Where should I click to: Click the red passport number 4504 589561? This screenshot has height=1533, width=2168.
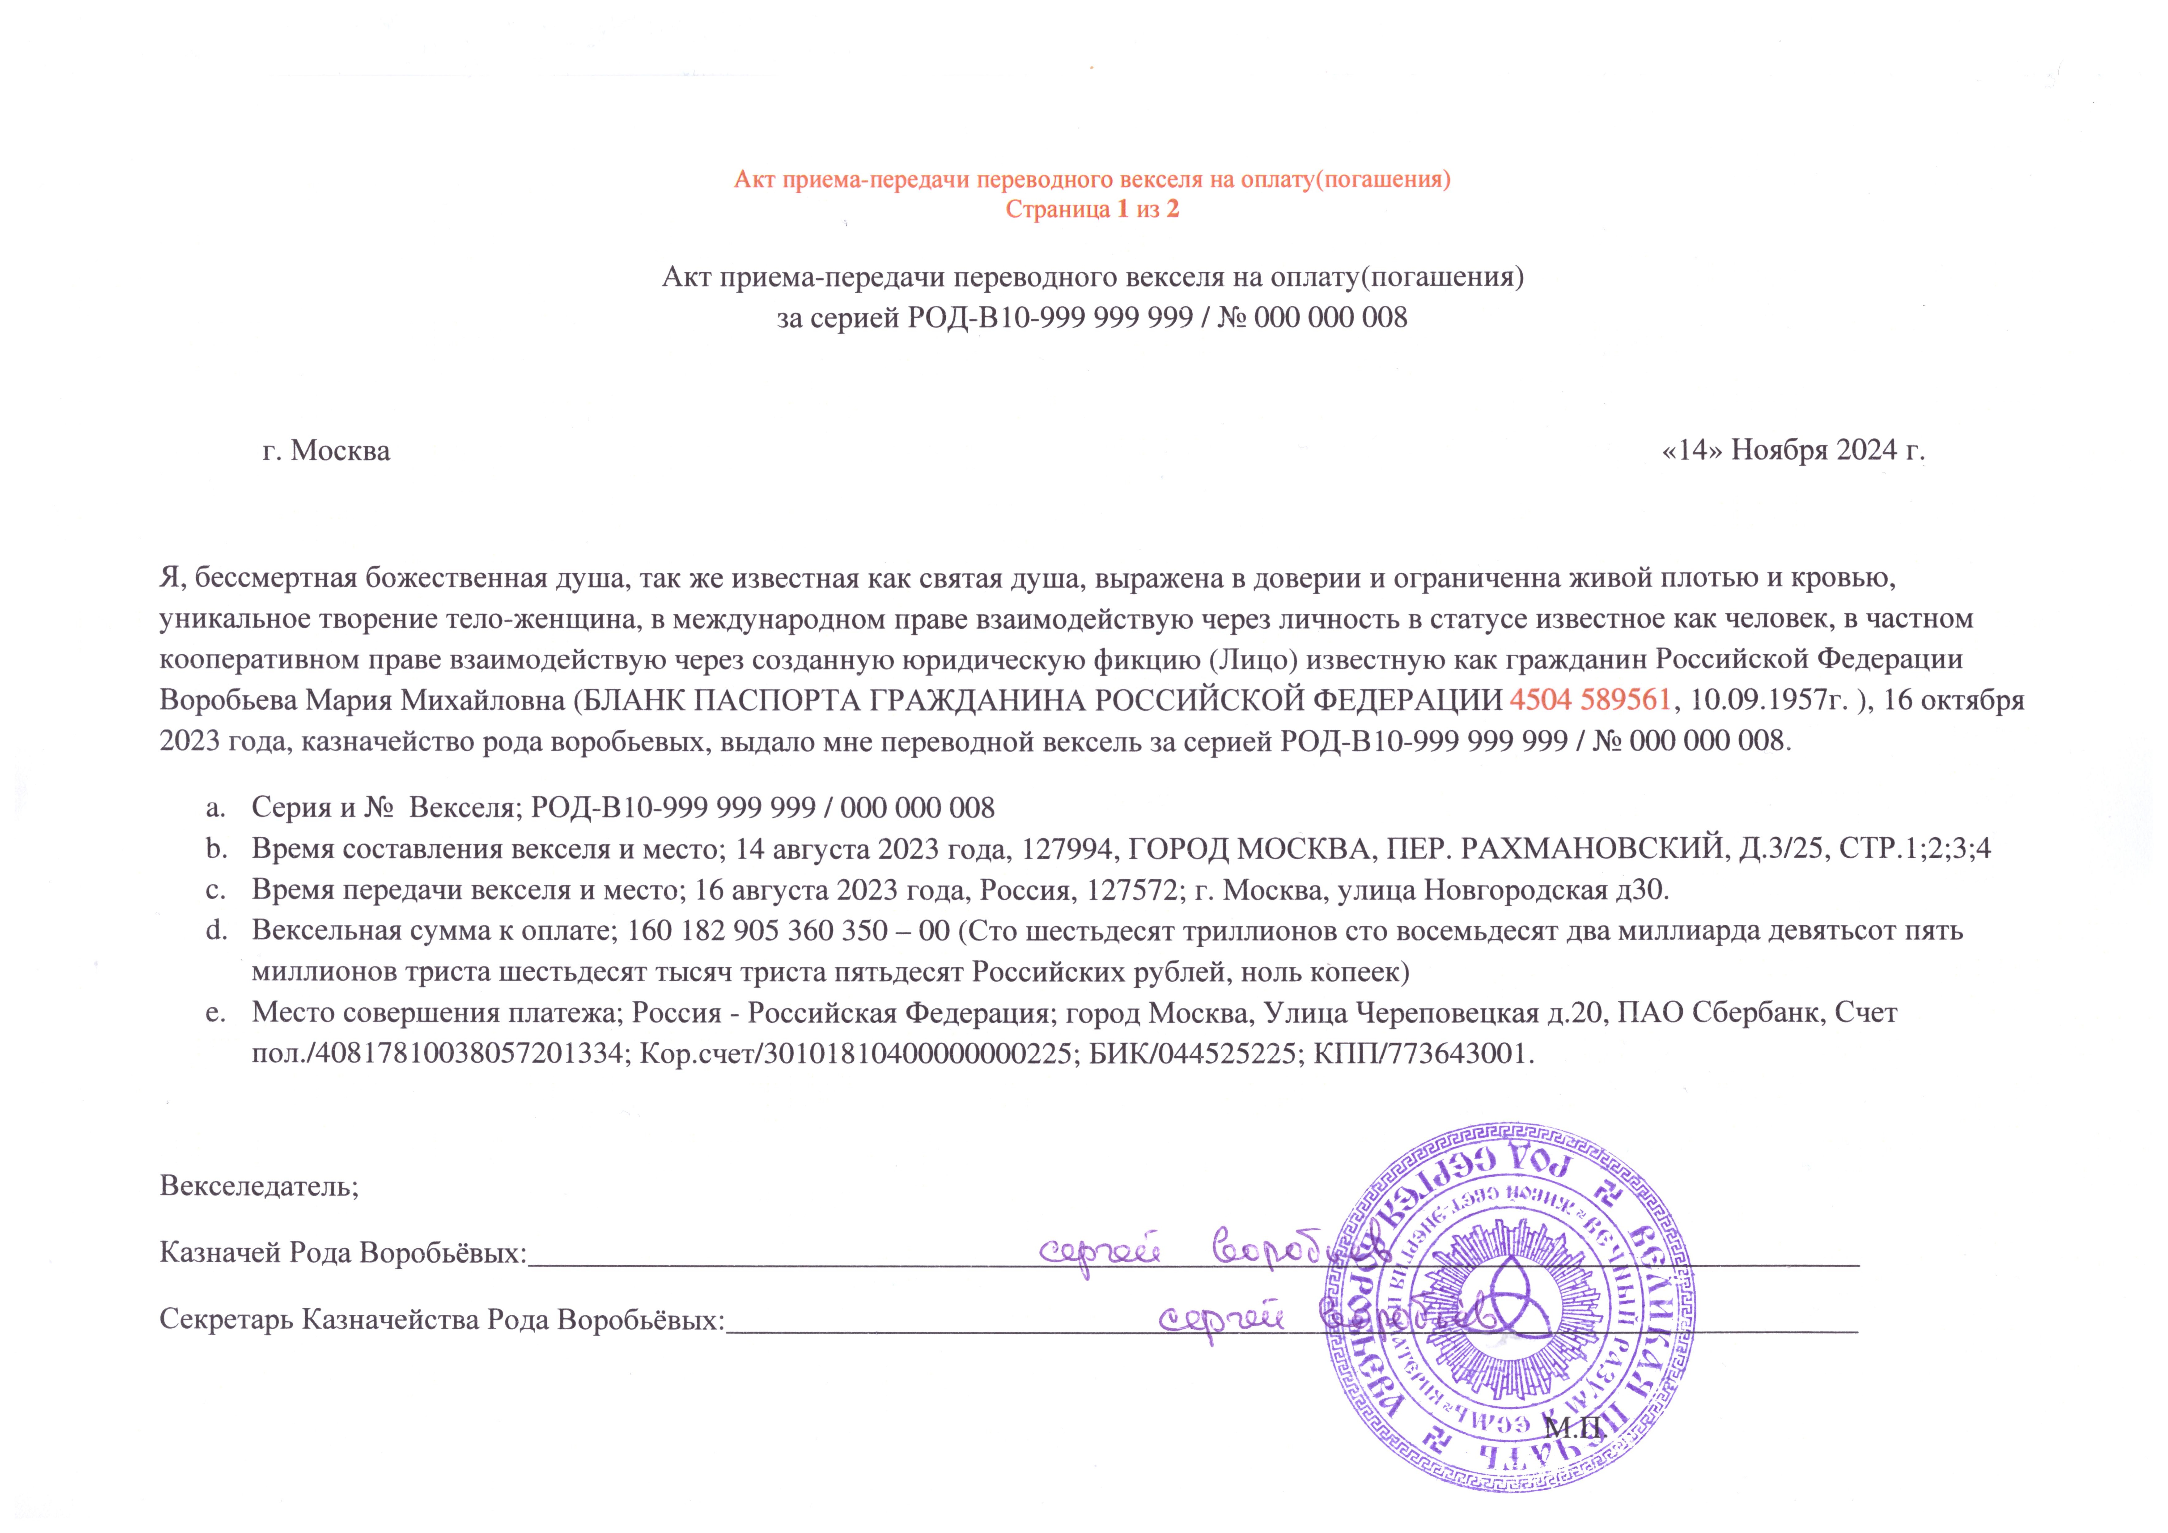point(1591,700)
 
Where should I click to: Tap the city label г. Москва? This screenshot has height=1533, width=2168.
point(326,451)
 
